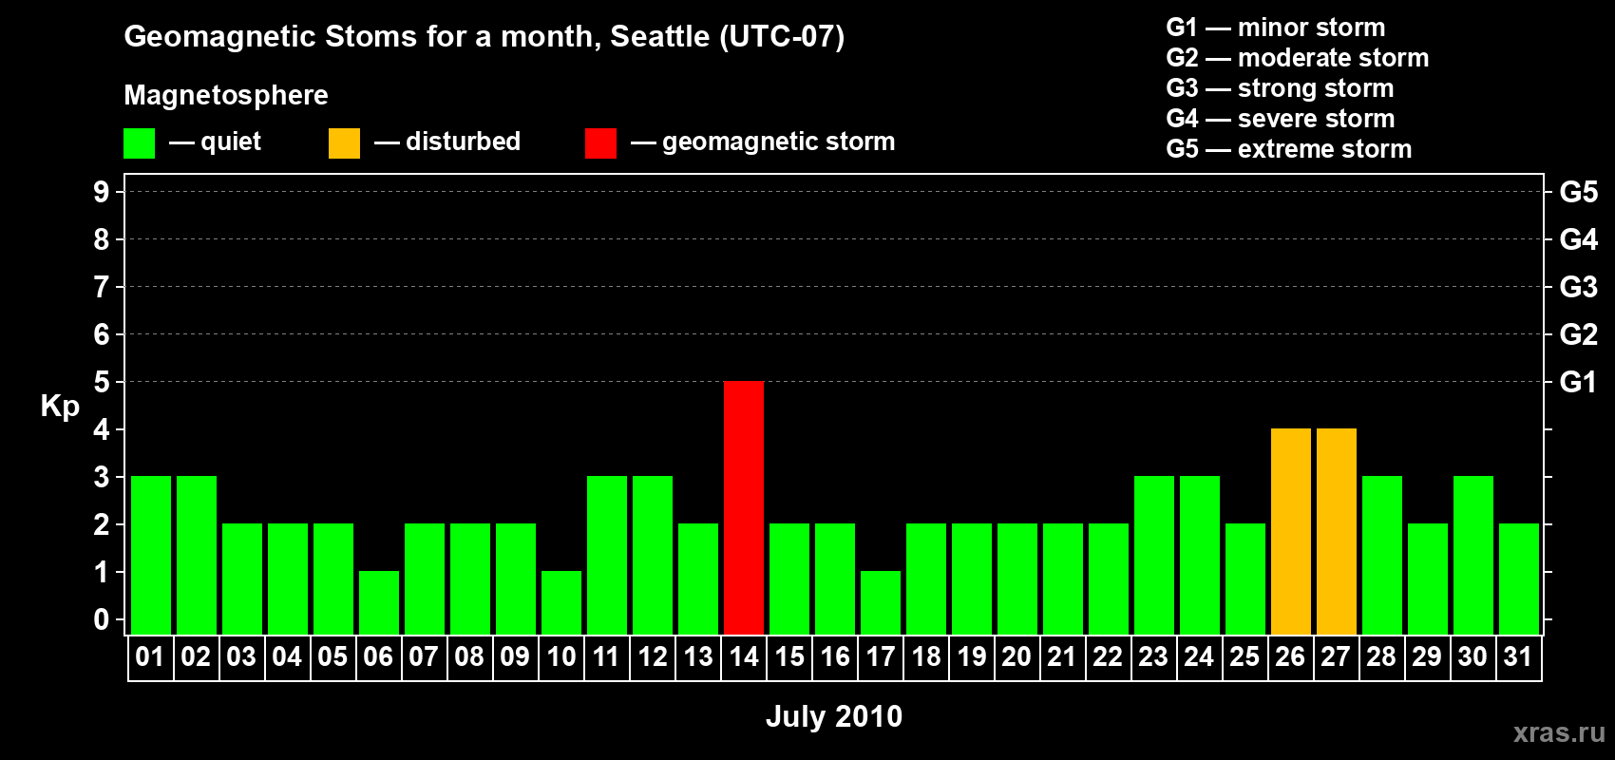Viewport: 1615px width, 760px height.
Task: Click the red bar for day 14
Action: [x=743, y=507]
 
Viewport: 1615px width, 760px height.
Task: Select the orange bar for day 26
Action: [x=1290, y=531]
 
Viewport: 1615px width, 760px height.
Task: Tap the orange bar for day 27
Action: [x=1336, y=531]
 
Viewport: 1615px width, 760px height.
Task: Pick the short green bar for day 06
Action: [x=378, y=603]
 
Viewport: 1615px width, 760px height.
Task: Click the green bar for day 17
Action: [x=881, y=603]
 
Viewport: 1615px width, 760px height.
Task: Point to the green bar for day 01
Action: [x=151, y=555]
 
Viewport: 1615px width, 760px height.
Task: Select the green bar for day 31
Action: [x=1518, y=579]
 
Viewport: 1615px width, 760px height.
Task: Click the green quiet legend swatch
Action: [x=139, y=142]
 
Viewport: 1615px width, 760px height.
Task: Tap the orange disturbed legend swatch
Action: [x=344, y=142]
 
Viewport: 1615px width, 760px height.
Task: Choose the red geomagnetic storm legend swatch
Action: [x=600, y=142]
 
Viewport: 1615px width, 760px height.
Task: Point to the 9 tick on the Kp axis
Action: [x=101, y=192]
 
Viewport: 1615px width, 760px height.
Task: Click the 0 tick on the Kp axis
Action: [x=101, y=619]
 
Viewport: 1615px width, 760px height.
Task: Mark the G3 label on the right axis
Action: [x=1578, y=287]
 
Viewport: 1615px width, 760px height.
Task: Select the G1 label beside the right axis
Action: [x=1578, y=382]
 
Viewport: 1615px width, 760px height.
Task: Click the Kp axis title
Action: [x=60, y=407]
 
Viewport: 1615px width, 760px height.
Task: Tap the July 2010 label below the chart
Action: [x=834, y=716]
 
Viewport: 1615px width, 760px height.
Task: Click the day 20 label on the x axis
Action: [x=1016, y=656]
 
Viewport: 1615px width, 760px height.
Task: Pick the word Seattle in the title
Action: [x=659, y=36]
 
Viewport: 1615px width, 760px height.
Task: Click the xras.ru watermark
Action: [x=1559, y=732]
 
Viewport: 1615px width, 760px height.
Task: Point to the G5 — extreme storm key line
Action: [x=1288, y=149]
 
